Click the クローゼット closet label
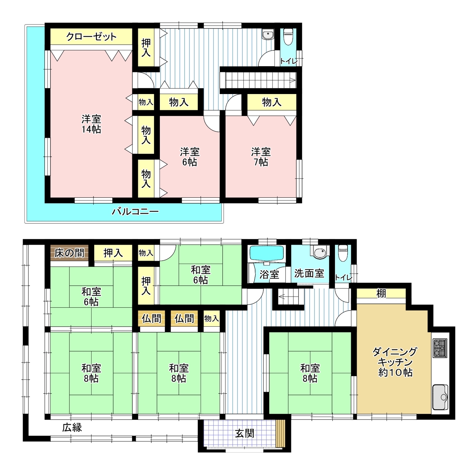pos(91,37)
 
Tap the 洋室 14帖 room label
pos(91,124)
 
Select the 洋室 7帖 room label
pos(261,157)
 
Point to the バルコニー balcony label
pos(135,211)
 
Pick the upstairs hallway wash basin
pos(267,35)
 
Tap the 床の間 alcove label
pos(69,253)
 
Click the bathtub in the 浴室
pos(267,254)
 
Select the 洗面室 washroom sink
pos(320,252)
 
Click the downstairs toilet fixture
pos(343,253)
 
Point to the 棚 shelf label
pos(381,293)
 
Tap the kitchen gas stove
pos(440,348)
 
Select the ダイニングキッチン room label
pos(395,362)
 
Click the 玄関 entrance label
pos(244,433)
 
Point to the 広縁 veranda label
pos(72,427)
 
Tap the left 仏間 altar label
pos(151,318)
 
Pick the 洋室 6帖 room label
pos(190,157)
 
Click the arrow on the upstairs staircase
pos(292,80)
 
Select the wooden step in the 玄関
pos(280,433)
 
